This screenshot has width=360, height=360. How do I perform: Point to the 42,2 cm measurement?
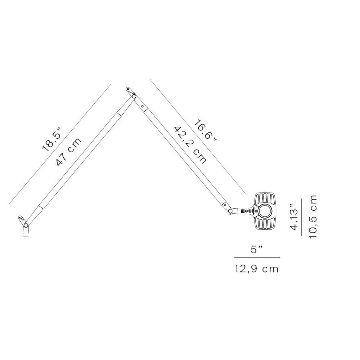(x=190, y=145)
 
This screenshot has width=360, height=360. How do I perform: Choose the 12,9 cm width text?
(x=257, y=269)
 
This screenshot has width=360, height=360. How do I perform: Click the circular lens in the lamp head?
(x=265, y=211)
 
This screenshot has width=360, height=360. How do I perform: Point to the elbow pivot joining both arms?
(x=134, y=96)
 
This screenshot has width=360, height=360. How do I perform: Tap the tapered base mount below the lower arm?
(x=26, y=233)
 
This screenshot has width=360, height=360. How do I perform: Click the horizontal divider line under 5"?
(x=257, y=258)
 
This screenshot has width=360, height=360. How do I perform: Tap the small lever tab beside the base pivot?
(x=21, y=218)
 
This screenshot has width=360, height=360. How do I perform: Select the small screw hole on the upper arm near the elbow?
(x=143, y=106)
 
